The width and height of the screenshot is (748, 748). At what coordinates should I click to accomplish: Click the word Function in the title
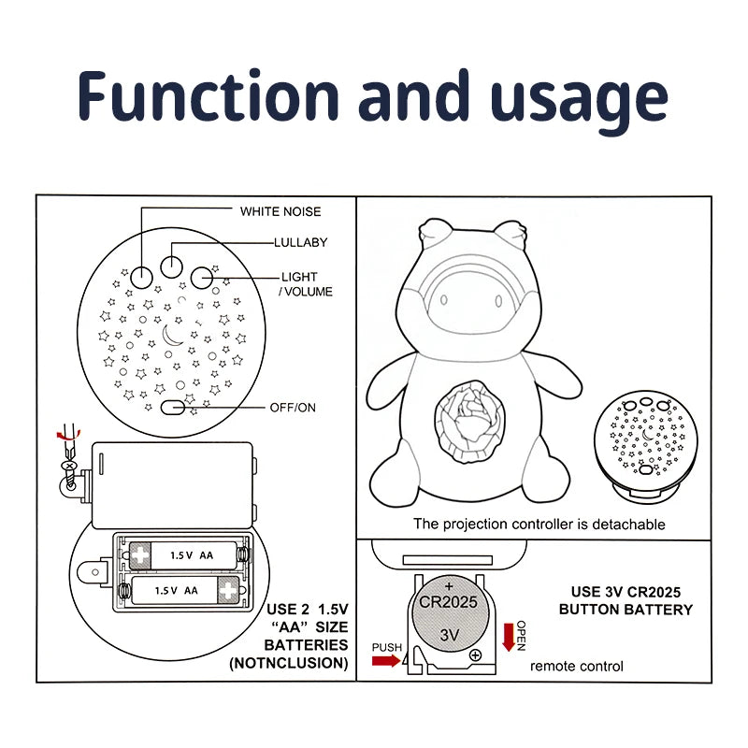click(209, 97)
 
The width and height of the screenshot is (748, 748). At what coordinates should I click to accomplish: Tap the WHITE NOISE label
click(280, 211)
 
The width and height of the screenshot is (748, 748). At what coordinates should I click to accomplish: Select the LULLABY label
click(300, 243)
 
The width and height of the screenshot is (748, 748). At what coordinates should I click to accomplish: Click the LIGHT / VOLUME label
click(305, 284)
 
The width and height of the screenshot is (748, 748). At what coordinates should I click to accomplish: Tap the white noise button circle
click(141, 276)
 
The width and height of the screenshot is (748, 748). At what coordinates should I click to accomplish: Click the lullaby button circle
click(171, 266)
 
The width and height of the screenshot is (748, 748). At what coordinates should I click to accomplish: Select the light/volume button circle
click(203, 276)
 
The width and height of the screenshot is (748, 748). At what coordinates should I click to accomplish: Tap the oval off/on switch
click(173, 408)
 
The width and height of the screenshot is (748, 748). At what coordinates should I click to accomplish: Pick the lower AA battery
click(181, 590)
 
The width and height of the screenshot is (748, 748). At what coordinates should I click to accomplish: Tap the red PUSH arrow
click(384, 662)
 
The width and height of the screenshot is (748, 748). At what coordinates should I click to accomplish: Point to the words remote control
click(577, 667)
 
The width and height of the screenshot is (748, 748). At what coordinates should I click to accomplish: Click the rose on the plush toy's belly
click(472, 416)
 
